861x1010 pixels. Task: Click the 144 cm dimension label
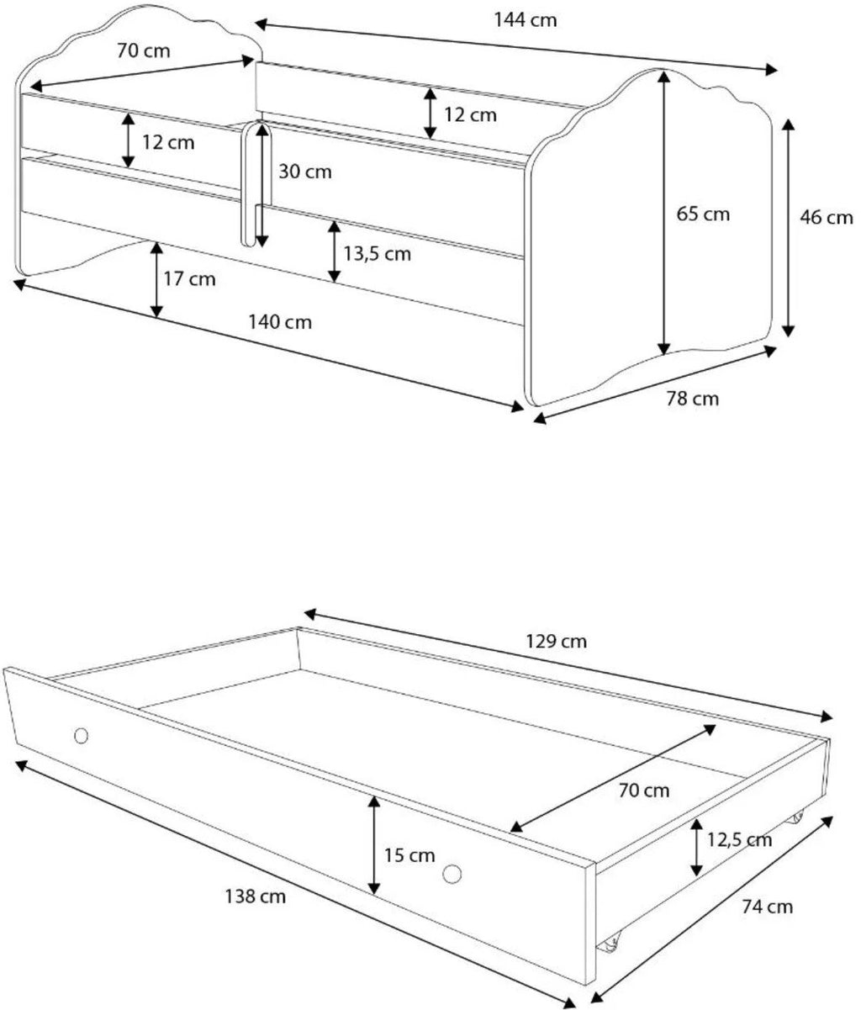[526, 20]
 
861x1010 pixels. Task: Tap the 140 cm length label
[280, 322]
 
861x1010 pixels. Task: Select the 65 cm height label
[703, 214]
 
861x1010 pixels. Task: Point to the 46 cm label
[827, 218]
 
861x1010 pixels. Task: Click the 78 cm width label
[693, 399]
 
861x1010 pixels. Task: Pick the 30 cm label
[305, 172]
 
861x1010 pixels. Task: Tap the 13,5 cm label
[378, 254]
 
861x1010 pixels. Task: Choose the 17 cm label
[189, 279]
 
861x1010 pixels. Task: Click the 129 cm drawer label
[556, 641]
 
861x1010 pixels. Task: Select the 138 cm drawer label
[255, 896]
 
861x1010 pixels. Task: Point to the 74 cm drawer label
[767, 907]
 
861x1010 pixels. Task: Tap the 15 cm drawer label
[409, 855]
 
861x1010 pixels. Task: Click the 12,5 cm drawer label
[740, 840]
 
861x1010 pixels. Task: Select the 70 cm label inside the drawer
[644, 791]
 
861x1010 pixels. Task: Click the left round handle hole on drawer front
[81, 735]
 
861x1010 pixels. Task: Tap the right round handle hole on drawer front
[452, 874]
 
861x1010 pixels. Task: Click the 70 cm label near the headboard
[143, 51]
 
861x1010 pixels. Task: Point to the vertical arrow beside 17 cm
[156, 280]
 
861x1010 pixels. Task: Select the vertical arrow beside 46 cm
[788, 228]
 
